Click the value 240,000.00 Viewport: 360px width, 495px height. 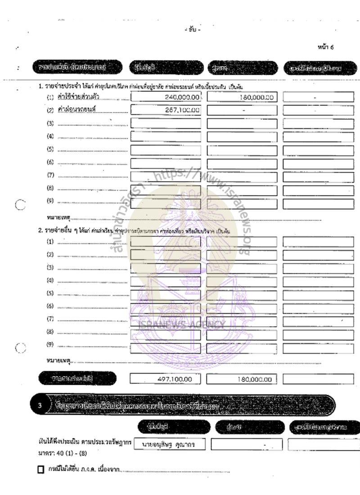[x=182, y=97]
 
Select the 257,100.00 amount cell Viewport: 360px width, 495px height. [x=182, y=109]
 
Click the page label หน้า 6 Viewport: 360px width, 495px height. [x=325, y=47]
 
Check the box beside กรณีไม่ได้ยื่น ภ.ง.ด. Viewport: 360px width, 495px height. [x=41, y=470]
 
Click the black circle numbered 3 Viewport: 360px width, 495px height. [x=39, y=404]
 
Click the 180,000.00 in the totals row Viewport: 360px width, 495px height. [x=254, y=379]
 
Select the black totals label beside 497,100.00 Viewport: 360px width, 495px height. [x=78, y=378]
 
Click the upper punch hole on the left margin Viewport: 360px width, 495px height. [x=19, y=205]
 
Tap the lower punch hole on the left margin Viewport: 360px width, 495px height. [x=19, y=347]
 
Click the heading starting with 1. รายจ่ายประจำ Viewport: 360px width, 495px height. [x=135, y=86]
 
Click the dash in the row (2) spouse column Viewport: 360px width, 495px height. [x=243, y=109]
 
